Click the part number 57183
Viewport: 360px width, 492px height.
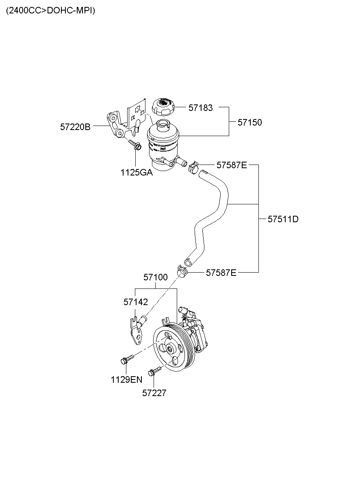tap(201, 108)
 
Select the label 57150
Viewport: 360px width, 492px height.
tap(250, 122)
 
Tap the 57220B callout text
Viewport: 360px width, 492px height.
tap(75, 127)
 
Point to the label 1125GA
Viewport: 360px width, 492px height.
tap(137, 172)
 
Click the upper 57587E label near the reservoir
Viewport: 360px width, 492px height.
tap(232, 165)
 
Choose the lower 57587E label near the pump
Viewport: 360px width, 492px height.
tap(221, 273)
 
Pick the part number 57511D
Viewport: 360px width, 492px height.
tap(283, 219)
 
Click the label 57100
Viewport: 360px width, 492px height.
tap(156, 277)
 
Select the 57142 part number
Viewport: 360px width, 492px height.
tap(136, 302)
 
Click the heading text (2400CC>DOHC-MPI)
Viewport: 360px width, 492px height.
tap(50, 11)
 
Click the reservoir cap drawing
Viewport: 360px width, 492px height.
tap(163, 107)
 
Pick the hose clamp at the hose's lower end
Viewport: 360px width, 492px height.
tap(182, 271)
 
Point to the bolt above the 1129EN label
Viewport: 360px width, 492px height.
tap(127, 359)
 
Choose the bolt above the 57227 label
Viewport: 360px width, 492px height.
tap(155, 371)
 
